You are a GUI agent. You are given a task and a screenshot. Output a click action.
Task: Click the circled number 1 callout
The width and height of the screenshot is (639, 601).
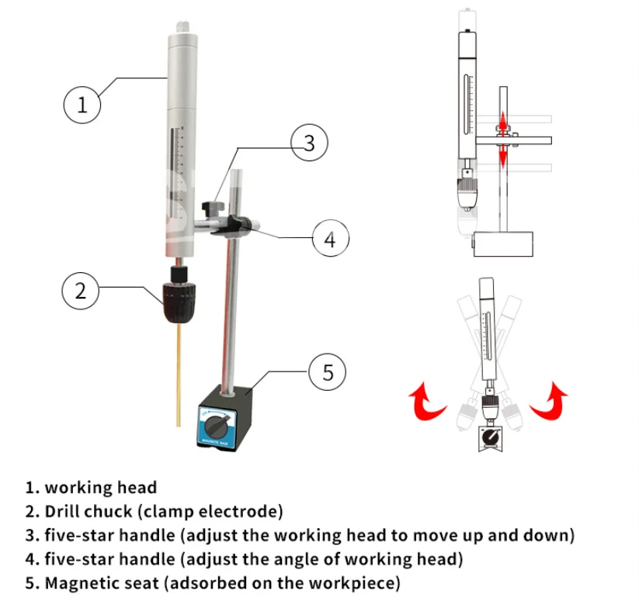pos(82,104)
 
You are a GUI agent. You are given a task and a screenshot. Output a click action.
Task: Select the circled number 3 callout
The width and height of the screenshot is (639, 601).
pos(309,143)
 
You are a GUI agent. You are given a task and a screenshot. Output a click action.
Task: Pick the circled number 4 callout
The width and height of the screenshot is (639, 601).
pos(331,239)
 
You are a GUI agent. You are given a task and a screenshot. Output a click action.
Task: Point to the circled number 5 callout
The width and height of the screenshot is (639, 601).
pos(328,372)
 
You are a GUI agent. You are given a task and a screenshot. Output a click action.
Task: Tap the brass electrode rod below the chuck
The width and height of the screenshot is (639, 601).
pos(178,372)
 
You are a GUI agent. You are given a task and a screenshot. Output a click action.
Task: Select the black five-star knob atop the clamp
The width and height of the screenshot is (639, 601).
pos(211,207)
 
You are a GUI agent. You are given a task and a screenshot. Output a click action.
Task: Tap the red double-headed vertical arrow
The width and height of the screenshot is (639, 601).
pos(503,140)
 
